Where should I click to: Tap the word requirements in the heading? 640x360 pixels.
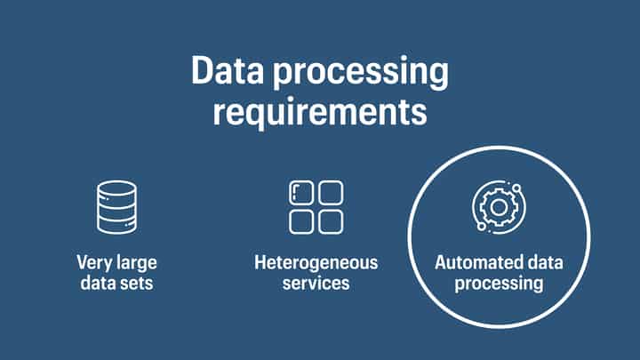coord(319,113)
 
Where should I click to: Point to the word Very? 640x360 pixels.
coord(93,264)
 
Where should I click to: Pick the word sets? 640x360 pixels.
coord(133,284)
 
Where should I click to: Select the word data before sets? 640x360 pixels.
coord(97,284)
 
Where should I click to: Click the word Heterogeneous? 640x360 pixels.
coord(316,263)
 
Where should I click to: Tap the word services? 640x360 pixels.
coord(316,284)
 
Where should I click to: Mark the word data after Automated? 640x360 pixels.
coord(543,264)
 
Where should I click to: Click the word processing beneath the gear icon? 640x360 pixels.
coord(498,284)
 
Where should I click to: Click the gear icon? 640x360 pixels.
coord(497,207)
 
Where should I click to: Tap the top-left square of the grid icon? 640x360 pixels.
coord(302,193)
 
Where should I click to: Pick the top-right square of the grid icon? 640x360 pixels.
coord(331,193)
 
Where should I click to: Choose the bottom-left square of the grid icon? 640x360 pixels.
coord(302,221)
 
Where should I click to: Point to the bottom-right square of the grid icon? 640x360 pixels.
coord(331,221)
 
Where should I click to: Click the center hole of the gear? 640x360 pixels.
coord(498,207)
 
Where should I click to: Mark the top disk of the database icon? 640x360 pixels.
coord(116,189)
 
